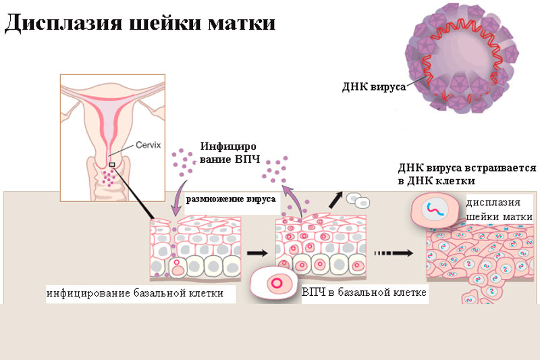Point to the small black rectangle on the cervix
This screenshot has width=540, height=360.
[x=112, y=164]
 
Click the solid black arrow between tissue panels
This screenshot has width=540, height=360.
[x=256, y=253]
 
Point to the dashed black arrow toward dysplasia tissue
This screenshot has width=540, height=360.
[x=392, y=253]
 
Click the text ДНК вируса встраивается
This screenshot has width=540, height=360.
[x=467, y=168]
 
